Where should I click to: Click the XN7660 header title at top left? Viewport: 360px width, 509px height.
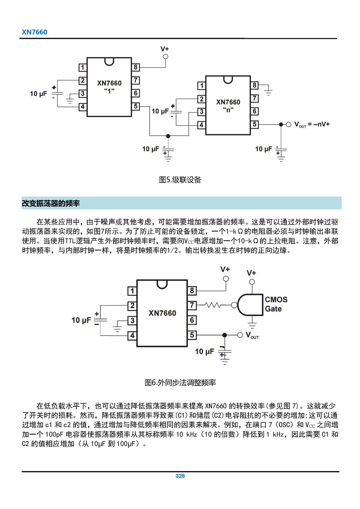point(35,32)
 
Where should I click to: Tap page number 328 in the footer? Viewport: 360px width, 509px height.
point(180,476)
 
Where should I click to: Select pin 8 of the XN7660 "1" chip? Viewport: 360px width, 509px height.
point(136,67)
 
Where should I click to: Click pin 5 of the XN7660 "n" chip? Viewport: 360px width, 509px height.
point(255,125)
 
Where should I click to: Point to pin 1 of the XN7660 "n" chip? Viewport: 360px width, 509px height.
point(202,86)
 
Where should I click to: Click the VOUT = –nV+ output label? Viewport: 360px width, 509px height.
point(312,125)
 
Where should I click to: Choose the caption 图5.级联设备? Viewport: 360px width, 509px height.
point(180,180)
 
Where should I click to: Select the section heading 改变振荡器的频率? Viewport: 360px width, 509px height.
point(51,203)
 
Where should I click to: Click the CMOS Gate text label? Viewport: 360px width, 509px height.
point(276,304)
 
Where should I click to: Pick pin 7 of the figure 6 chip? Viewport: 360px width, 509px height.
point(192,305)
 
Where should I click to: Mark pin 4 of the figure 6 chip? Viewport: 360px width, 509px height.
point(132,335)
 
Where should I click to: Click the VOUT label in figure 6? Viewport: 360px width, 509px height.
point(252,335)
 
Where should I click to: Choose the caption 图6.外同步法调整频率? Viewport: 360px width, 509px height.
point(180,383)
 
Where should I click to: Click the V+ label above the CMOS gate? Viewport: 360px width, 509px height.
point(251,273)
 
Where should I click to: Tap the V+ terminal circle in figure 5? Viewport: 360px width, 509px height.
point(165,57)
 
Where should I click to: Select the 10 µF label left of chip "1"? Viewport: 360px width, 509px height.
point(39,94)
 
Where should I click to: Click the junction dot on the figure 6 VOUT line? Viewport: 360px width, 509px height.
point(225,335)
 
